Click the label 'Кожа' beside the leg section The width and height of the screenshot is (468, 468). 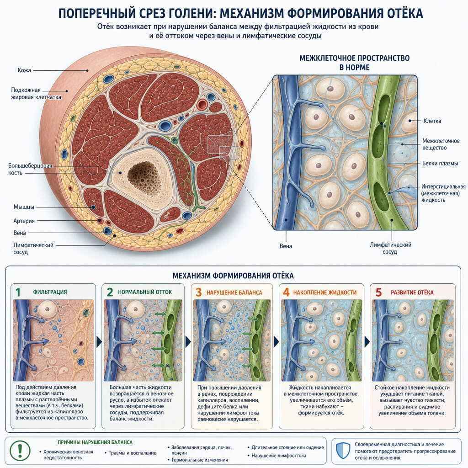(x=24, y=70)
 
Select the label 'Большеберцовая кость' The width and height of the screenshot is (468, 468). (x=30, y=169)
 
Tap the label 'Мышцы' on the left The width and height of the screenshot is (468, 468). (x=24, y=207)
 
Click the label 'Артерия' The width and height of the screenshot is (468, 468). (x=24, y=221)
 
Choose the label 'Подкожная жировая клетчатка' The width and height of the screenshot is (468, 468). (x=36, y=93)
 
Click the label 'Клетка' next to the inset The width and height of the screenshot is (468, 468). (x=432, y=121)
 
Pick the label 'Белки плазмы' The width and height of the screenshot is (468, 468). (x=440, y=163)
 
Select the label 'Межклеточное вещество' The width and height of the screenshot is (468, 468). (x=441, y=144)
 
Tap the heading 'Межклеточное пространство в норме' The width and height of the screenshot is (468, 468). (x=354, y=63)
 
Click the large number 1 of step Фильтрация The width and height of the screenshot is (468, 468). (x=18, y=292)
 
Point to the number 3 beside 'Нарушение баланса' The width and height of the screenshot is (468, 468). (x=199, y=292)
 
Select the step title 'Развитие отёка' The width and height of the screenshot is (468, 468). (x=412, y=292)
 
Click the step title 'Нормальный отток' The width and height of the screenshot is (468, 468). (x=145, y=292)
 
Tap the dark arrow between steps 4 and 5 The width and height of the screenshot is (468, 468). (x=367, y=342)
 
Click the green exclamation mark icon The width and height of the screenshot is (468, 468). (x=20, y=450)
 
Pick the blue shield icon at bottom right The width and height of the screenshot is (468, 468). (x=343, y=451)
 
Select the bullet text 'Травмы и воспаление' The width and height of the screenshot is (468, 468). (x=132, y=453)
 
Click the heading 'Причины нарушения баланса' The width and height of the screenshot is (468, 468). (x=95, y=442)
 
